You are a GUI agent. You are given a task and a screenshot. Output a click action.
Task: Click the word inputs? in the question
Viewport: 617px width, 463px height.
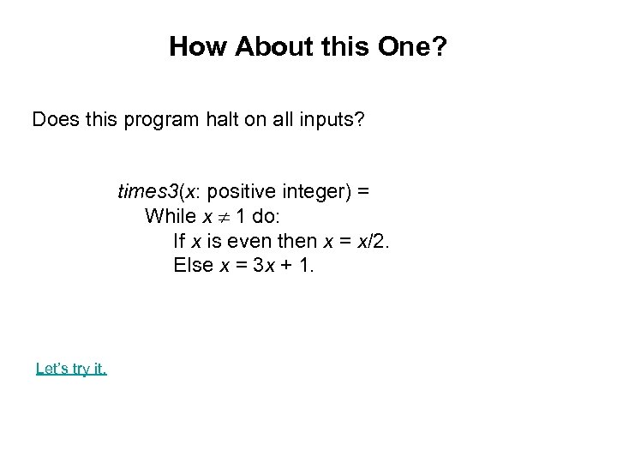(333, 119)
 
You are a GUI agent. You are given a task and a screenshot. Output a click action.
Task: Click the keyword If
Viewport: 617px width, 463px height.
(179, 240)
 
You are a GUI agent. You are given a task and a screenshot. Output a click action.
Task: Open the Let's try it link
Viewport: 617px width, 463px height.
(71, 369)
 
